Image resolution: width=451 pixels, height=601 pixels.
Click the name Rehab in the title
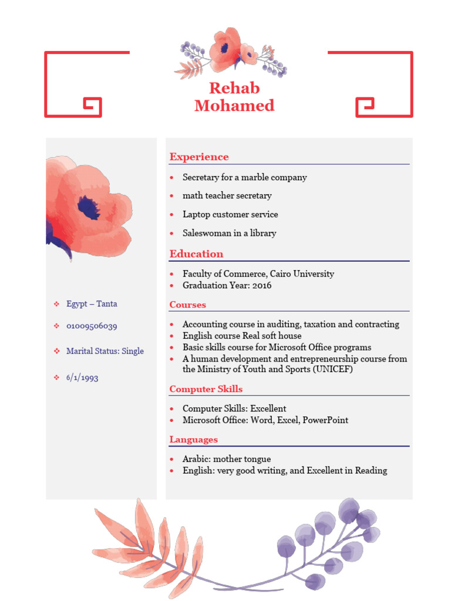[x=234, y=88]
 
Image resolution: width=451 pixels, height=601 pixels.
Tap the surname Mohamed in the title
[x=234, y=106]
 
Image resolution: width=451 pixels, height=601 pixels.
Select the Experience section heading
[x=199, y=157]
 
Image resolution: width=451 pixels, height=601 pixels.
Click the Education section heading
[x=196, y=254]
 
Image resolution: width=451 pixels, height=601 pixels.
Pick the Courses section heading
[x=187, y=305]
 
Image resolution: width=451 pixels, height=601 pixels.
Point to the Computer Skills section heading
[x=206, y=389]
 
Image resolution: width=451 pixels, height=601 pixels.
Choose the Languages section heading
[x=193, y=440]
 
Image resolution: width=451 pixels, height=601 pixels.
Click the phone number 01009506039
[x=92, y=326]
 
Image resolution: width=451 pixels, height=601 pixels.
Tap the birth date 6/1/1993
[x=82, y=377]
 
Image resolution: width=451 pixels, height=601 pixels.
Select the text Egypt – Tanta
[x=92, y=303]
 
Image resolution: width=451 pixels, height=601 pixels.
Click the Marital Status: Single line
[x=105, y=351]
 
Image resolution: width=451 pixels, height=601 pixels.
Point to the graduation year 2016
[x=261, y=285]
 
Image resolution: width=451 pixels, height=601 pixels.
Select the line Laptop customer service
[x=230, y=214]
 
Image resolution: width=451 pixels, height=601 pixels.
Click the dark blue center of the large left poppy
[x=88, y=208]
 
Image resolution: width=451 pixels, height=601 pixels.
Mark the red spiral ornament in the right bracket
[x=365, y=107]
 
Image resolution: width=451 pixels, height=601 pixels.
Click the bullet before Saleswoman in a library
[x=171, y=234]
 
